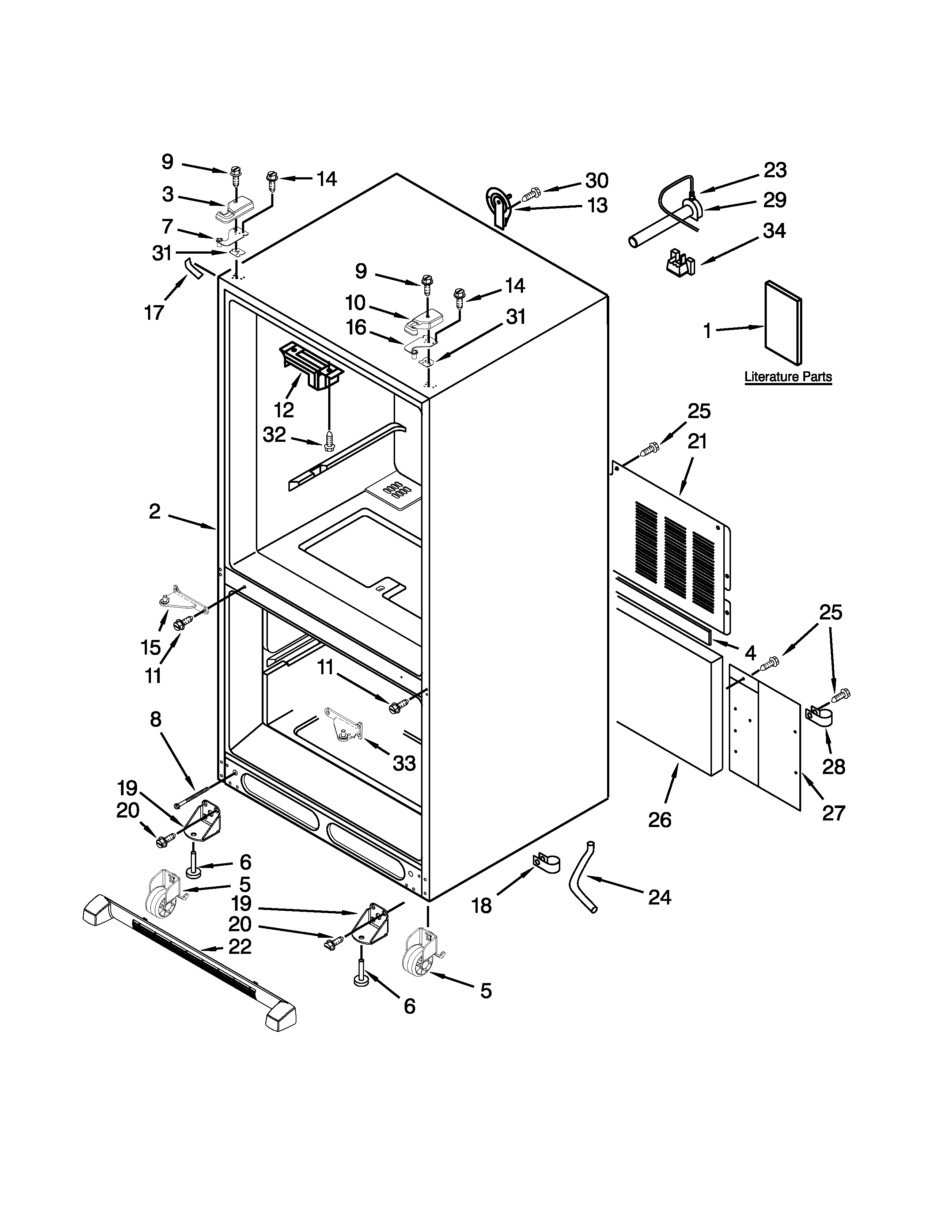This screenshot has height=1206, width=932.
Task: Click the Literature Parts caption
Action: coord(788,377)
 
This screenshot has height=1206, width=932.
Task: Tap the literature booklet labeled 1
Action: coord(783,323)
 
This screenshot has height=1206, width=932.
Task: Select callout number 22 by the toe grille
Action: coord(240,947)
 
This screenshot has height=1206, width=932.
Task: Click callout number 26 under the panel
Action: coord(660,820)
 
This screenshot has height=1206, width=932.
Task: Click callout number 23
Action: coord(774,170)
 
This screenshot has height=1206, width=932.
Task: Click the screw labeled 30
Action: coord(531,193)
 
